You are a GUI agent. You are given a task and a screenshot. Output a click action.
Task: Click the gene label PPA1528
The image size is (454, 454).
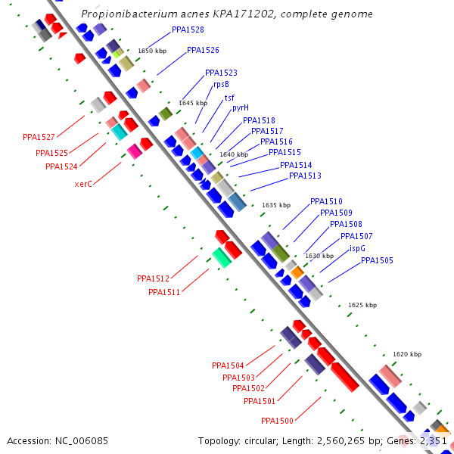(x=188, y=30)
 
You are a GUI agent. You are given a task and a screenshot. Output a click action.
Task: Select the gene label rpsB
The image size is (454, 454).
(x=221, y=84)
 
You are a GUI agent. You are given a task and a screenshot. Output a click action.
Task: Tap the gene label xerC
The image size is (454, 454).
(x=83, y=184)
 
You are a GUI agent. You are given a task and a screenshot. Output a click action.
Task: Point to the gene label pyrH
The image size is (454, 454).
(x=241, y=107)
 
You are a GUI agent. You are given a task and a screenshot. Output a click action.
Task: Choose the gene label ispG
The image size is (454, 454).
(x=358, y=248)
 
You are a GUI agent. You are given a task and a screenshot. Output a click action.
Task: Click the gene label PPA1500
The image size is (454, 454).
(x=277, y=421)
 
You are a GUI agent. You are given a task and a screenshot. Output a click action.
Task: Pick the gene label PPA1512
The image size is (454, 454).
(x=153, y=278)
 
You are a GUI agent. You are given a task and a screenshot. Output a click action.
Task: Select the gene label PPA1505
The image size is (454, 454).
(x=377, y=260)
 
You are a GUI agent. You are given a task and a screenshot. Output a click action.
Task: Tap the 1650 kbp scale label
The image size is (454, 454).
(x=151, y=51)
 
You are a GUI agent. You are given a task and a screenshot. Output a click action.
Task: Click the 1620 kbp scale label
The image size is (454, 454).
(x=407, y=354)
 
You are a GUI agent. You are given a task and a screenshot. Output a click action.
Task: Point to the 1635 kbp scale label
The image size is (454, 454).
(x=276, y=205)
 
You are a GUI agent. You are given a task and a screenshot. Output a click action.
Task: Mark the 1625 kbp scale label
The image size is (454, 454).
(x=362, y=305)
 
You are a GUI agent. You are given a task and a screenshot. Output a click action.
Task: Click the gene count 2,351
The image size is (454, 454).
(x=431, y=440)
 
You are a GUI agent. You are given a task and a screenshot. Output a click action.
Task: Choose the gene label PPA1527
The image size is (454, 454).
(x=39, y=137)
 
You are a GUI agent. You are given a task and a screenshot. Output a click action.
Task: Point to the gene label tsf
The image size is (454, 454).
(x=229, y=98)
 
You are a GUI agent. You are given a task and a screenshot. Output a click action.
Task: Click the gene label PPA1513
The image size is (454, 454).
(x=305, y=176)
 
